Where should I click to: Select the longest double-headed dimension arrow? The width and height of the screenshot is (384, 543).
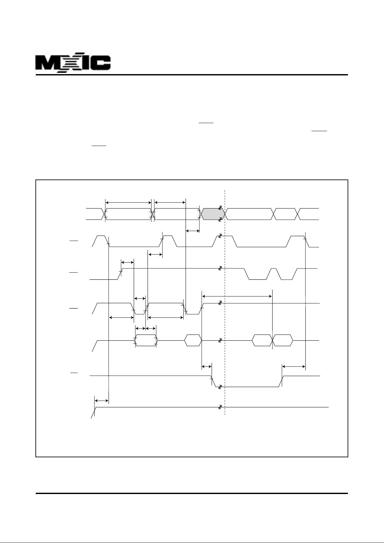point(237,296)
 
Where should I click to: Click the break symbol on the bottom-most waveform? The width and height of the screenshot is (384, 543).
point(220,407)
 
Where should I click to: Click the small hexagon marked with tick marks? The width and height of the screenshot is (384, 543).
point(146,341)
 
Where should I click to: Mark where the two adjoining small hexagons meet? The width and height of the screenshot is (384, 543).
point(273,341)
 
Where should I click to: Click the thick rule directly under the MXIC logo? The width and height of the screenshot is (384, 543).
point(192,75)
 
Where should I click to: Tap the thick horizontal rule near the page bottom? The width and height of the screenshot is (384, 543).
point(192,493)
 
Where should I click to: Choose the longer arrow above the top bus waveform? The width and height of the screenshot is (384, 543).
point(128,202)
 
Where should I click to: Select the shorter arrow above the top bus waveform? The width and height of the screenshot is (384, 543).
point(170,202)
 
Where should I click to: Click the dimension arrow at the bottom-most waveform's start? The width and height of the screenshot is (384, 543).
point(102,401)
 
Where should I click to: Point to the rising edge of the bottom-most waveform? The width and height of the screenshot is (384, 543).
point(94,412)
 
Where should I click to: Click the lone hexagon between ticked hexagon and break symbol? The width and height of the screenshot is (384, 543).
point(193,341)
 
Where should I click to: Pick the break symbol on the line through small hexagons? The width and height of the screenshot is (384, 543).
point(220,340)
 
